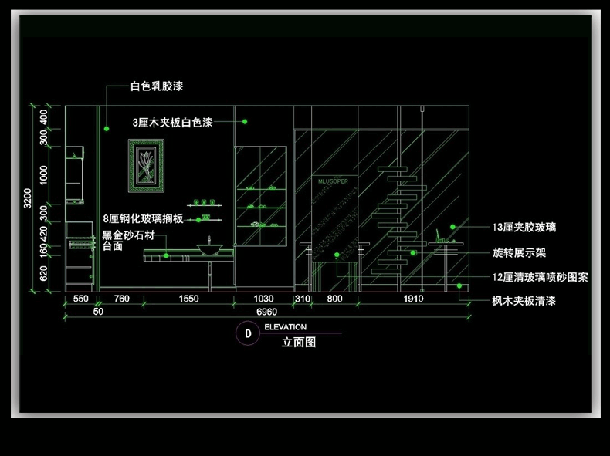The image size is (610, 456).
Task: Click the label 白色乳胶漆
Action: (157, 87)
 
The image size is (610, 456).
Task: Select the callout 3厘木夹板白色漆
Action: (172, 122)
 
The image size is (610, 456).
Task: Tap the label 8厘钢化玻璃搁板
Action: (143, 219)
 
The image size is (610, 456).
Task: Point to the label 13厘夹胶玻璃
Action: (524, 228)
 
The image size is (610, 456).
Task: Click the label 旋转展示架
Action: (519, 252)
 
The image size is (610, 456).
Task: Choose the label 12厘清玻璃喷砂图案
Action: (541, 277)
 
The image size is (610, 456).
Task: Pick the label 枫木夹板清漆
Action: (524, 301)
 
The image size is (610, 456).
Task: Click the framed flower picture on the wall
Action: (147, 166)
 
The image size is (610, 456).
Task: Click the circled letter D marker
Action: (248, 333)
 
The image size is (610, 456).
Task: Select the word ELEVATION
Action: (285, 327)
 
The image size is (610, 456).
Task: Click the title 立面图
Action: (299, 342)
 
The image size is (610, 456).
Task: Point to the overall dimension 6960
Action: (267, 312)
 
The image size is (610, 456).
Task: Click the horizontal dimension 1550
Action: (188, 299)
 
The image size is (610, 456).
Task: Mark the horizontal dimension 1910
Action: (414, 299)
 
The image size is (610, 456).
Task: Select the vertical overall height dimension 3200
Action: (28, 199)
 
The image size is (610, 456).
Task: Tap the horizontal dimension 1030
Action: (264, 299)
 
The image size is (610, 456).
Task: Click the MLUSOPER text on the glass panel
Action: (333, 181)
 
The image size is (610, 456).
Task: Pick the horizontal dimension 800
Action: (334, 299)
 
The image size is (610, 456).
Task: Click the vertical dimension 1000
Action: (44, 174)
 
